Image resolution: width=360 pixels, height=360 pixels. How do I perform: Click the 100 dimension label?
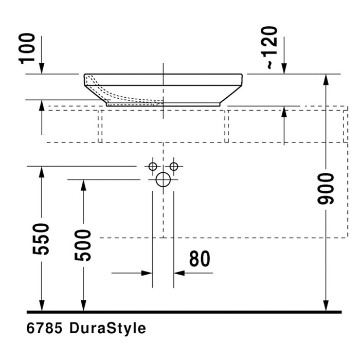click(27, 48)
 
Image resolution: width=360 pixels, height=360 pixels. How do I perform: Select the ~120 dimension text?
click(269, 47)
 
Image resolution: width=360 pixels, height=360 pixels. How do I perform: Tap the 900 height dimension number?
click(326, 189)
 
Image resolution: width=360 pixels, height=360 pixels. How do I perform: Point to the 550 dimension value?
click(41, 239)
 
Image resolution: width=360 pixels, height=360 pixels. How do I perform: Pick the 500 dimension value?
click(83, 245)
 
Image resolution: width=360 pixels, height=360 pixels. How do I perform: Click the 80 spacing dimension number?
click(200, 259)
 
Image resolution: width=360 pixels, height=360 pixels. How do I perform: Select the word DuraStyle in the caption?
click(107, 329)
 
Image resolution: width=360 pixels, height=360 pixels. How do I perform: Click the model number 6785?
click(44, 328)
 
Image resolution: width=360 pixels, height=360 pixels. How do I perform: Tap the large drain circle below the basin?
click(163, 179)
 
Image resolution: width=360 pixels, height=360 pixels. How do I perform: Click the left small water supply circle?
click(153, 167)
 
